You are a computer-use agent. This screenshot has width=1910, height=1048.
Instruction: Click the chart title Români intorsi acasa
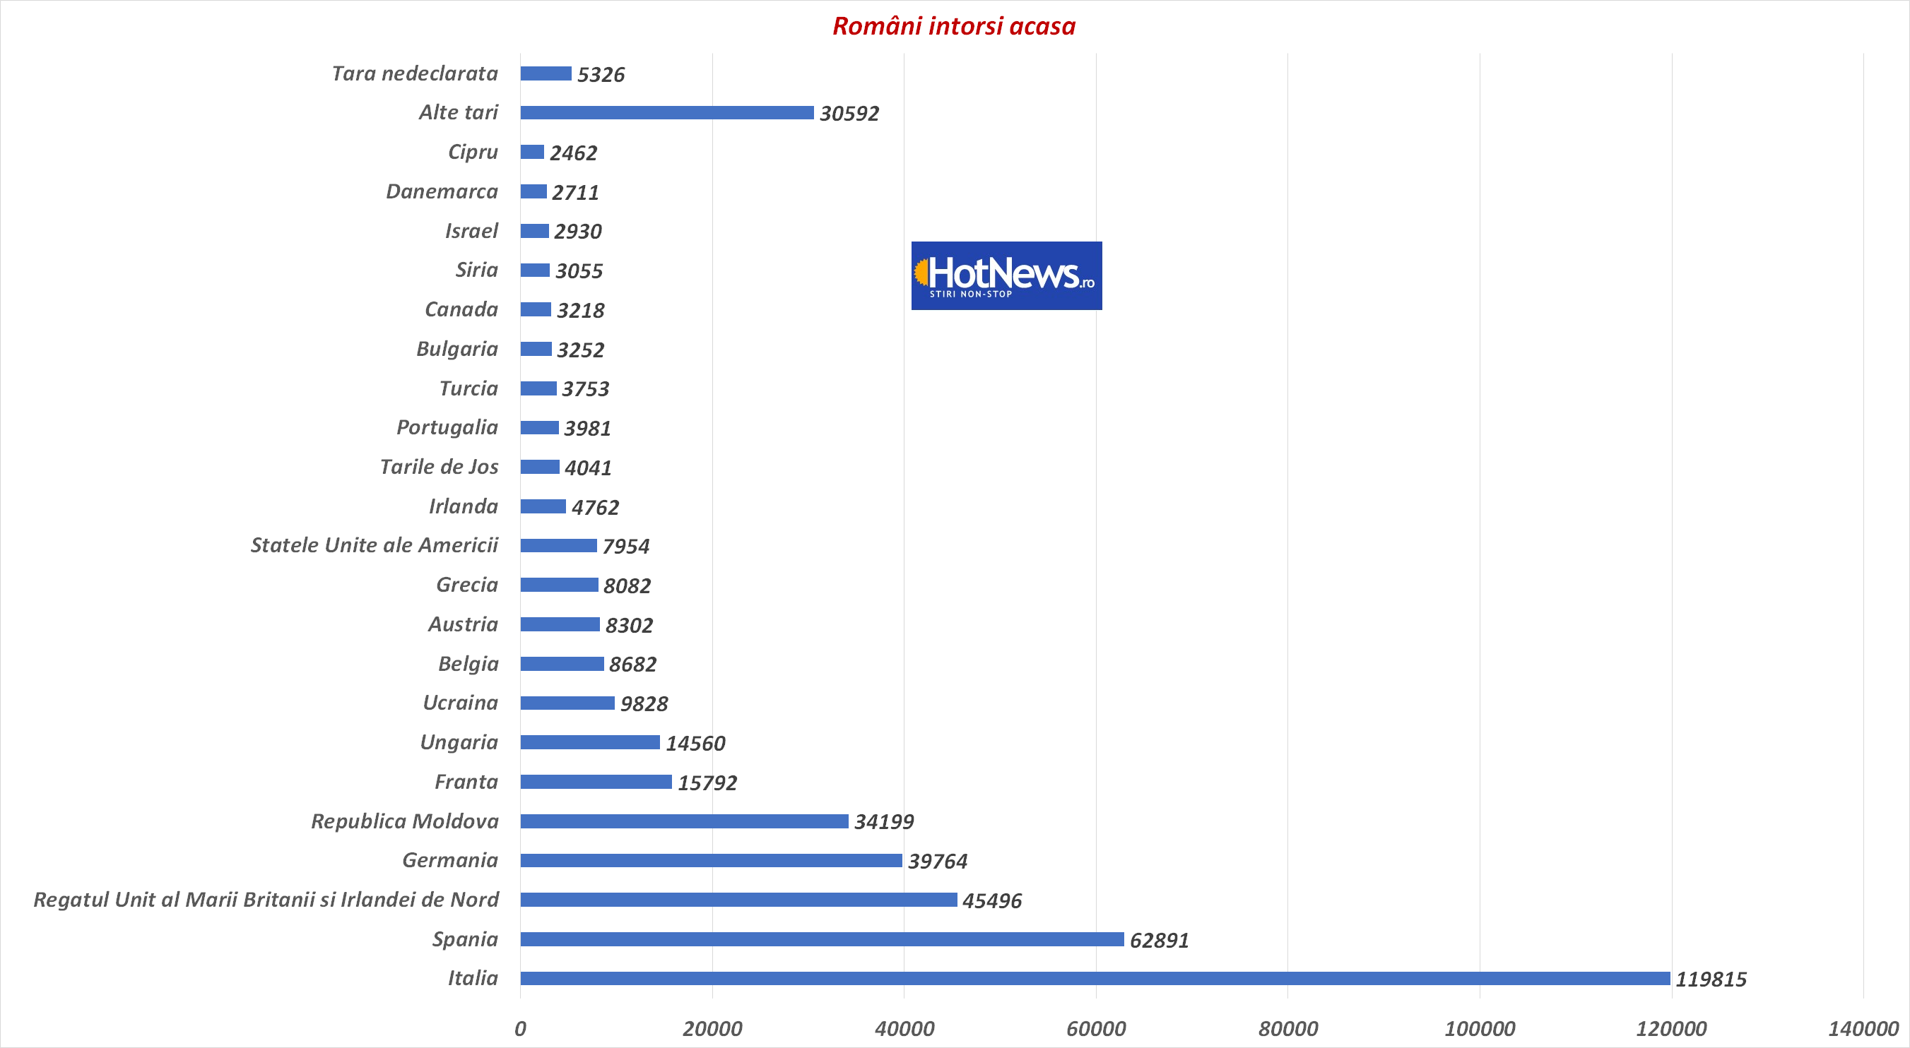click(953, 27)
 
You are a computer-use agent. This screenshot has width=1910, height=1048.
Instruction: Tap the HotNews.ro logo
click(1006, 275)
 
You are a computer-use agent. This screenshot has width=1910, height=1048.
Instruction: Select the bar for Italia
click(1095, 978)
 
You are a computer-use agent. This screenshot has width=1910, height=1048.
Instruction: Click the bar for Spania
click(822, 939)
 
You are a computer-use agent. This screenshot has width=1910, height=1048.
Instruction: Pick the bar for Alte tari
click(666, 113)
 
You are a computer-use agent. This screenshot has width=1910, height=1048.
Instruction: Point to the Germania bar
click(711, 860)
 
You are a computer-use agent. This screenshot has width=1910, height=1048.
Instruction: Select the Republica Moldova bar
click(683, 821)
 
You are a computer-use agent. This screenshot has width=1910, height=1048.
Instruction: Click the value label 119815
click(1711, 979)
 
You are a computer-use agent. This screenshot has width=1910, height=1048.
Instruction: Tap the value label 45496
click(991, 900)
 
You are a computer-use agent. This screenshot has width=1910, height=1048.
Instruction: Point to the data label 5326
click(601, 75)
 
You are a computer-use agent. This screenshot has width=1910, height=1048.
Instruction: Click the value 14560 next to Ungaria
click(695, 744)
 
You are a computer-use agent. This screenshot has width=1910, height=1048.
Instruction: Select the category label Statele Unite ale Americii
click(375, 545)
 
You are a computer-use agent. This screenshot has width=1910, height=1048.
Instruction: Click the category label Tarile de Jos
click(439, 467)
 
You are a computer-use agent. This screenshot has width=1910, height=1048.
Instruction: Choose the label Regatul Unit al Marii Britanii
click(266, 900)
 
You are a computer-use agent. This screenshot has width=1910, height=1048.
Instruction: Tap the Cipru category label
click(473, 152)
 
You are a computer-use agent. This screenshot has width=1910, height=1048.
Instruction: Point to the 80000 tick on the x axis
click(1288, 1029)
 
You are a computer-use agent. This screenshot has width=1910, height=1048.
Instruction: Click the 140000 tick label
click(1863, 1029)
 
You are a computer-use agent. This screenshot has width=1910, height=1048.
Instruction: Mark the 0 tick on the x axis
click(521, 1029)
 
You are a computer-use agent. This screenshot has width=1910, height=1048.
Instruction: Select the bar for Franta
click(596, 782)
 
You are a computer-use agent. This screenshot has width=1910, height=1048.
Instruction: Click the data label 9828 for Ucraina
click(644, 704)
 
